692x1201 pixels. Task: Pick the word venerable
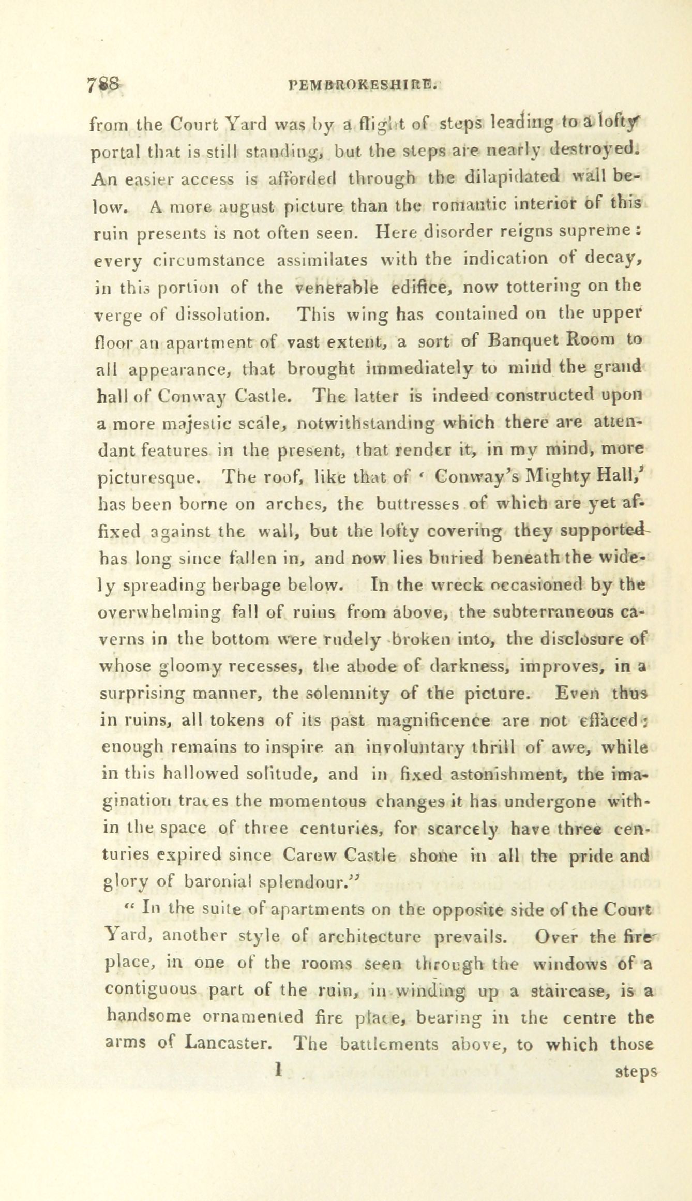point(337,287)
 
